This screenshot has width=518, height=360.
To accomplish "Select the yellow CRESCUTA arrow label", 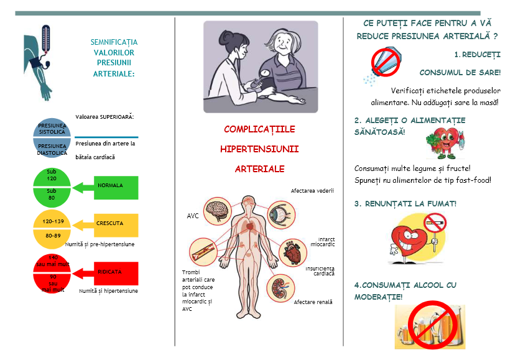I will tap(110, 223).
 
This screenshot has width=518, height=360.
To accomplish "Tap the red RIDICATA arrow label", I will tap(110, 272).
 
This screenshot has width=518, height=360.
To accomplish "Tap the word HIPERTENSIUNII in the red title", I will tap(259, 149).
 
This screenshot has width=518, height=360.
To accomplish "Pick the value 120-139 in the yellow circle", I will tap(52, 221).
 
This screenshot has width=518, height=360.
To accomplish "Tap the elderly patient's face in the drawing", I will tap(284, 45).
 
